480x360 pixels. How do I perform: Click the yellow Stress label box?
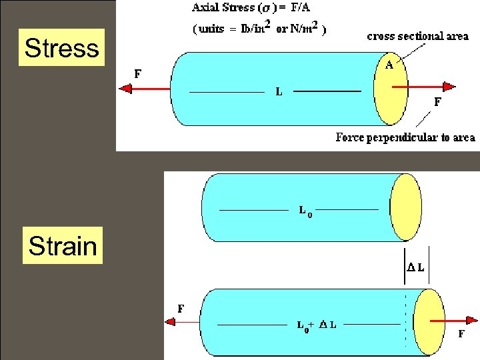[62, 47]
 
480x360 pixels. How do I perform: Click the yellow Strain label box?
[63, 246]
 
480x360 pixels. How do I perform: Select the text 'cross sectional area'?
[417, 36]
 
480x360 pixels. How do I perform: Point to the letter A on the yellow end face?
[389, 65]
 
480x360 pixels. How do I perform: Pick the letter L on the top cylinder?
[279, 92]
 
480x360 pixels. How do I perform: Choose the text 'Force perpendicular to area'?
[405, 137]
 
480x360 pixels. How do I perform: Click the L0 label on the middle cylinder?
[305, 211]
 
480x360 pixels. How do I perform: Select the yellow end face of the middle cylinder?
[406, 207]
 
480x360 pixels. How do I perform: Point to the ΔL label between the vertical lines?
[415, 267]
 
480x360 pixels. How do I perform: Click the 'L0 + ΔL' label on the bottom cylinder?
[316, 325]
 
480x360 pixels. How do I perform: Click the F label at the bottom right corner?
[461, 335]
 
